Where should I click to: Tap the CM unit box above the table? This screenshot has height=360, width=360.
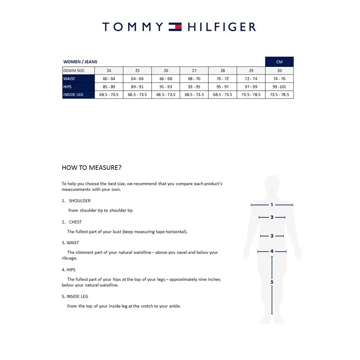[x=279, y=62]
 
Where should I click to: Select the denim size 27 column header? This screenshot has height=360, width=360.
[x=194, y=71]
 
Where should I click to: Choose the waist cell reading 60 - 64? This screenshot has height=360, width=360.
[x=109, y=79]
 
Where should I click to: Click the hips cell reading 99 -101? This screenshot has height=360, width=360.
[x=279, y=87]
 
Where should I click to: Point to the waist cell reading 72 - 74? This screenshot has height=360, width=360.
[x=251, y=79]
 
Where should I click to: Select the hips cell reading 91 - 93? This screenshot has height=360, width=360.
[x=166, y=87]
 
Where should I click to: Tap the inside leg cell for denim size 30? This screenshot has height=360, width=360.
[x=279, y=95]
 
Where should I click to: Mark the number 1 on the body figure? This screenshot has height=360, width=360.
[x=272, y=205]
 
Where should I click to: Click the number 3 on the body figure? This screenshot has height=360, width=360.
[x=272, y=236]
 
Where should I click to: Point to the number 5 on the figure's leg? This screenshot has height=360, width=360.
[x=272, y=282]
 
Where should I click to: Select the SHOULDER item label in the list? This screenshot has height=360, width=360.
[x=80, y=201]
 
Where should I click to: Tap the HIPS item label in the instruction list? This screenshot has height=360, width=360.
[x=71, y=270]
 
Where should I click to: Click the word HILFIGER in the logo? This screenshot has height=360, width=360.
[x=221, y=27]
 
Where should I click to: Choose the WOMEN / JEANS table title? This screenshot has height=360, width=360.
[x=80, y=62]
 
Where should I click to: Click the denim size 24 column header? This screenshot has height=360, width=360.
[x=109, y=71]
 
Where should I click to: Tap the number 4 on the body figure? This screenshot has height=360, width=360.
[x=272, y=251]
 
